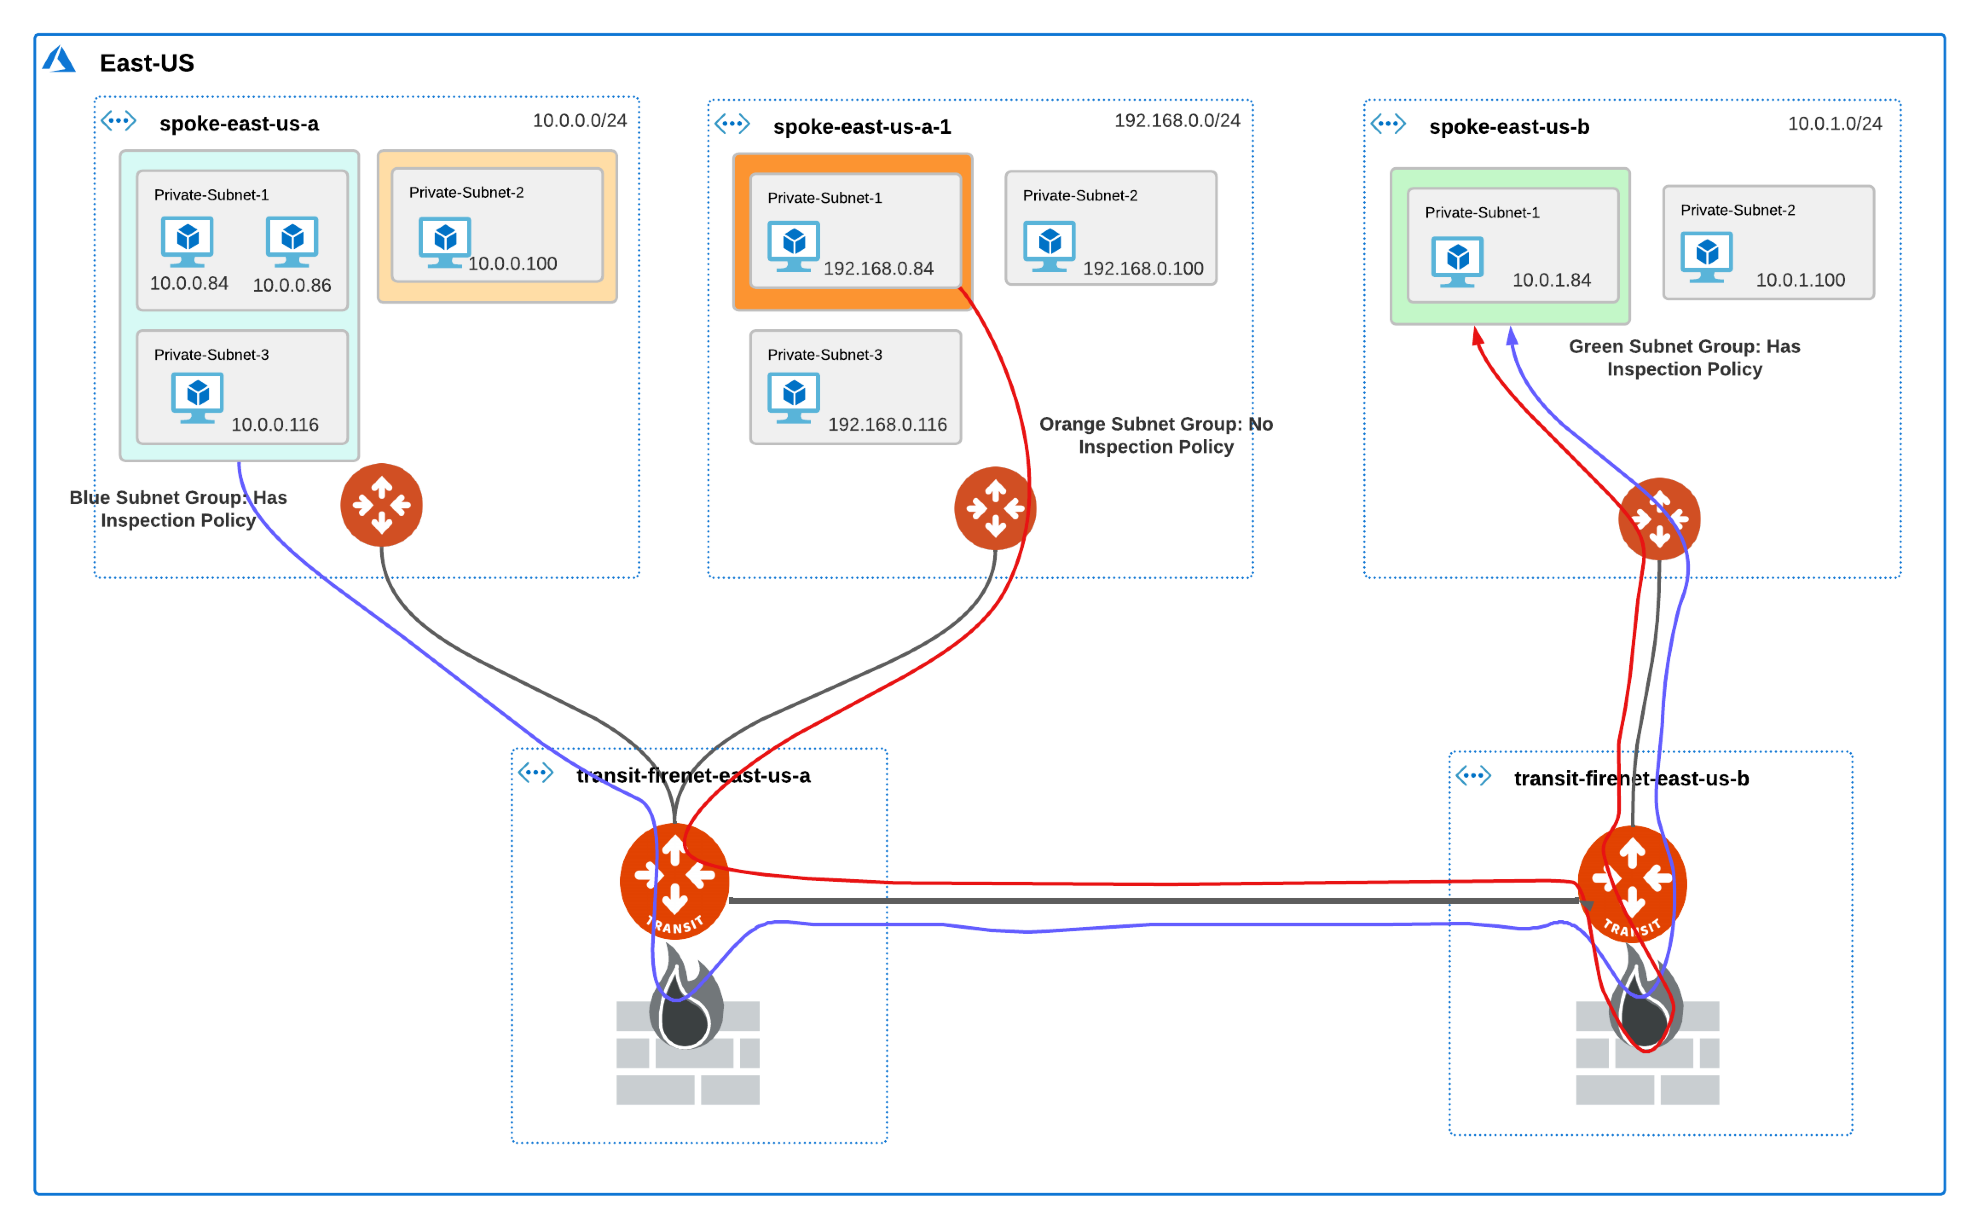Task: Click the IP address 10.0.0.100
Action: coord(512,264)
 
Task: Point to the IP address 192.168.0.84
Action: coord(879,269)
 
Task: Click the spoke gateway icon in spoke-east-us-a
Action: coord(382,505)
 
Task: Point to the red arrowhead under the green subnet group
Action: coord(1478,336)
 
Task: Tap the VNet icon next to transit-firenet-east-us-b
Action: coord(1474,776)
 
